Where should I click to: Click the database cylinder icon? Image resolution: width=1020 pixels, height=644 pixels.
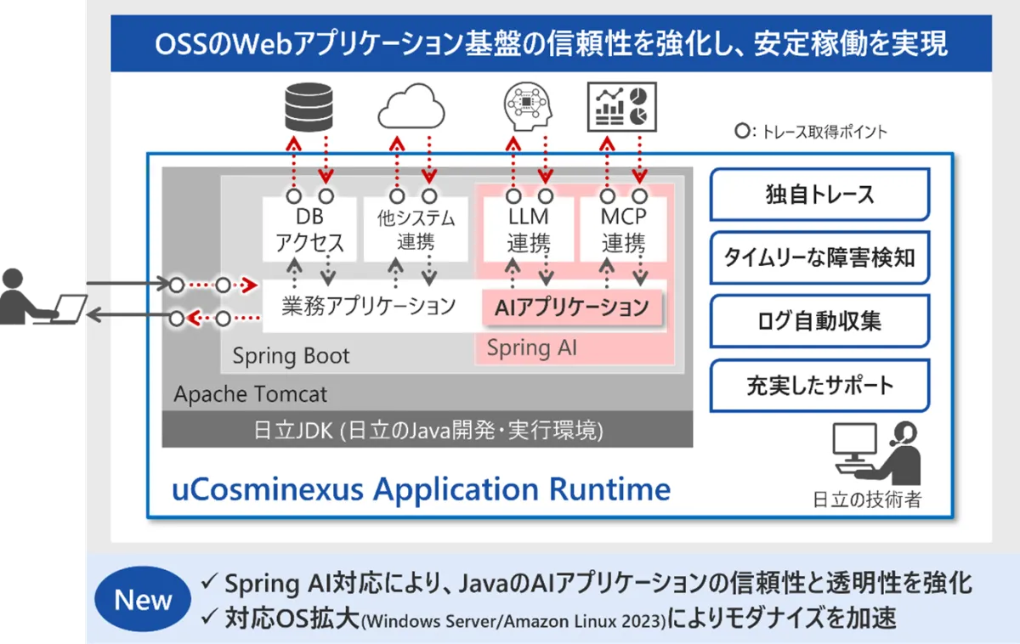[309, 107]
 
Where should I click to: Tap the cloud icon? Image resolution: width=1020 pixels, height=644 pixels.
[411, 106]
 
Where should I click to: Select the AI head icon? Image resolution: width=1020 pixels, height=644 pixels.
[528, 106]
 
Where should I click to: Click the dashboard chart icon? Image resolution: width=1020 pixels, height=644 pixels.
[622, 107]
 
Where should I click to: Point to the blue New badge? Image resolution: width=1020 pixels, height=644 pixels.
[143, 599]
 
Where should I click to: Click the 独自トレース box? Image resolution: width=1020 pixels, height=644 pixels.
[819, 195]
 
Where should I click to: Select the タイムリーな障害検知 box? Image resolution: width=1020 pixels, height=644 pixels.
[819, 258]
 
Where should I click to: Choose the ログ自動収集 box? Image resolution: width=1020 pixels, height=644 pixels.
[819, 321]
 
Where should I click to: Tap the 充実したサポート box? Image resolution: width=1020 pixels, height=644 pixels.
[819, 386]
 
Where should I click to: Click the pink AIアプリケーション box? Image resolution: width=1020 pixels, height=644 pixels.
[572, 308]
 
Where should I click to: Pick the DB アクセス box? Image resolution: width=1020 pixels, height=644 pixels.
[309, 229]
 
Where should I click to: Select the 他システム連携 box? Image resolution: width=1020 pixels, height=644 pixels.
[416, 229]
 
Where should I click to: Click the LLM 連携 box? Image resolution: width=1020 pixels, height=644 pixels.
[528, 229]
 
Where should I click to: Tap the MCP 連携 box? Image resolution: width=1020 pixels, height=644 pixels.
[623, 229]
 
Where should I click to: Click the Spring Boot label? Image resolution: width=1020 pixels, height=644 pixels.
[291, 355]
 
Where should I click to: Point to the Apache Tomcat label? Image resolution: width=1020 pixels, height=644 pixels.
[251, 394]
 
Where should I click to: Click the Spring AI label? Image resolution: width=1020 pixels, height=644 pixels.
[532, 348]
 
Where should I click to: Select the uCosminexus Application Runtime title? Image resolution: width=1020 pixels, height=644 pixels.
[422, 489]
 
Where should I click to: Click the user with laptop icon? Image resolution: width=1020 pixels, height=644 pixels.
[43, 297]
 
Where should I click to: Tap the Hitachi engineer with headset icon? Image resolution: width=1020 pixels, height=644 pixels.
[876, 454]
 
